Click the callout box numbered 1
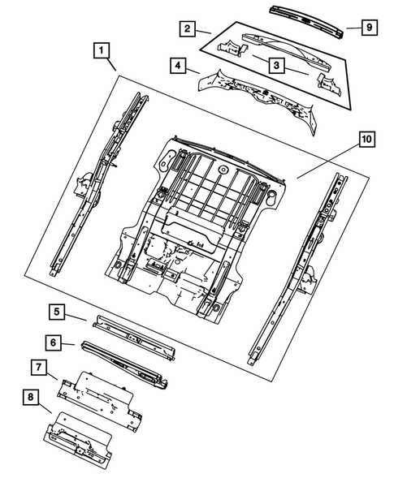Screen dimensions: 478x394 [101, 53]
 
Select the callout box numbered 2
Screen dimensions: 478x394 [187, 29]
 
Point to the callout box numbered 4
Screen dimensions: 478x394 [177, 65]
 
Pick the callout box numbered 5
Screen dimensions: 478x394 [55, 310]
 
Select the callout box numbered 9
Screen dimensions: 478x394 [368, 28]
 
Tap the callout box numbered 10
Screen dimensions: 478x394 [366, 140]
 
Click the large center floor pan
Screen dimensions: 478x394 [195, 219]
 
